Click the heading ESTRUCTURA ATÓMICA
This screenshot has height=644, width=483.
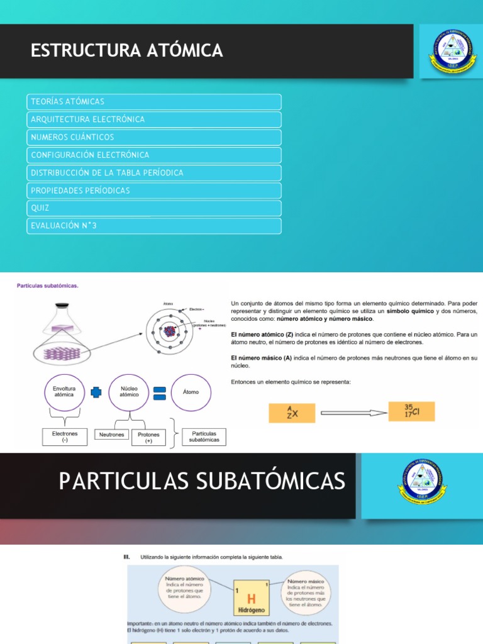pos(126,50)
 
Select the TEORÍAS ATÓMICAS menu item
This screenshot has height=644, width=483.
pos(153,101)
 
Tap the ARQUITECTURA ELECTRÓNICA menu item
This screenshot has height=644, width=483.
pos(153,119)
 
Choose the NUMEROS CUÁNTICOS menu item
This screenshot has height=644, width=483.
pos(153,137)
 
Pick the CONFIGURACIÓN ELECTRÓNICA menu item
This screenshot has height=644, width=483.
pos(153,155)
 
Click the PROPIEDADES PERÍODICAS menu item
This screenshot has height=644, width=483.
pos(153,190)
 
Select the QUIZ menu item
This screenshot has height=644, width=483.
pos(153,208)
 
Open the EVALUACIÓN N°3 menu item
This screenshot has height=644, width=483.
pos(153,225)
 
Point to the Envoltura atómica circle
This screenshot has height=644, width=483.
pos(64,392)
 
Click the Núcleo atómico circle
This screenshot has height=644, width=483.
pos(129,392)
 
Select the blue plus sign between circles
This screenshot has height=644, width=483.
pos(96,392)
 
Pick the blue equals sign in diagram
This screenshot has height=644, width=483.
pos(160,392)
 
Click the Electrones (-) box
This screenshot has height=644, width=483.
pos(65,437)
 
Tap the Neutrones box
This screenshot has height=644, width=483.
pos(112,435)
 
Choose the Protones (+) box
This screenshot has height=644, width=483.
pos(148,437)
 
